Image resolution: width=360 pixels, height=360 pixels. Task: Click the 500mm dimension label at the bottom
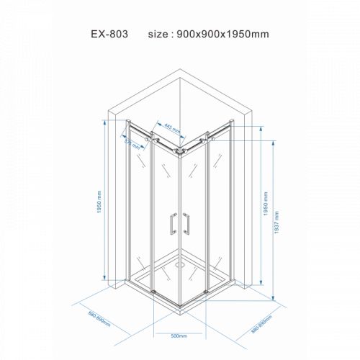[x=180, y=336]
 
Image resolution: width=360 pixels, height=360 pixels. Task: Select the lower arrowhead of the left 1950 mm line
[x=104, y=278]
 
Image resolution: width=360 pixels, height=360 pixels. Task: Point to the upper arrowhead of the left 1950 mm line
[x=104, y=122]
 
